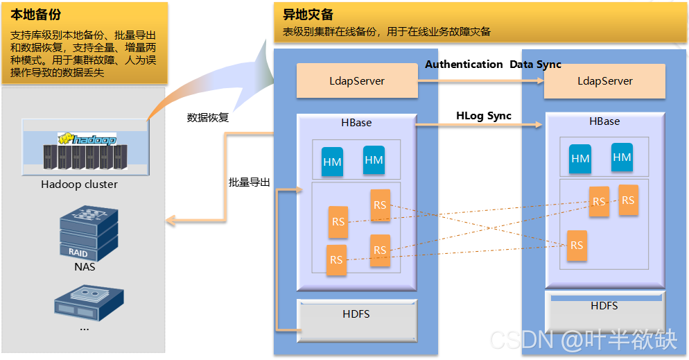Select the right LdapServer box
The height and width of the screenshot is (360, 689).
[604, 81]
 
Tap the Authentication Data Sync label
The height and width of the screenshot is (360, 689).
[493, 65]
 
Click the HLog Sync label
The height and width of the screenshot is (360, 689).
[483, 116]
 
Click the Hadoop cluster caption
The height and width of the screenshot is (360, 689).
[79, 185]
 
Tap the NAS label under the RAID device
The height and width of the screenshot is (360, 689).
[85, 266]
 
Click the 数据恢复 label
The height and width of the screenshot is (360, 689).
[208, 118]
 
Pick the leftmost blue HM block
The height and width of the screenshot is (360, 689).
[332, 162]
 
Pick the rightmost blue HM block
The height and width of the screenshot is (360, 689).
[622, 157]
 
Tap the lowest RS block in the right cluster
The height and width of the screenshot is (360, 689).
[577, 246]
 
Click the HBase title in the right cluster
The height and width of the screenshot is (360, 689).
[604, 121]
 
